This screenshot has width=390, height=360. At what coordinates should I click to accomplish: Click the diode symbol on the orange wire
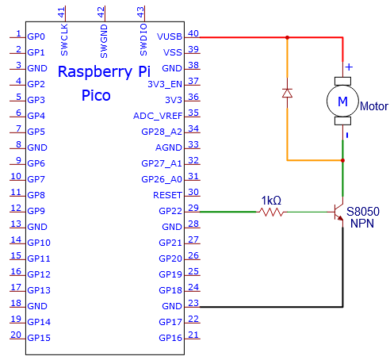[287, 93]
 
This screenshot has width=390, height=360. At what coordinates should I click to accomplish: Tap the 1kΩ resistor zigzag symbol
[271, 212]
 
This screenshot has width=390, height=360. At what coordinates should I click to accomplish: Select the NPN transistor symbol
[338, 213]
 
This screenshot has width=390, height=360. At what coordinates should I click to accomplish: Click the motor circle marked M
[342, 101]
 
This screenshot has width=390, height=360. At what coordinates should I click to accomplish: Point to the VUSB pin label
[170, 36]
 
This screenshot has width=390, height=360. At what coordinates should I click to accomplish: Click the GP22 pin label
[170, 211]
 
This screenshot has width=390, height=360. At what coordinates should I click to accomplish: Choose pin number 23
[193, 303]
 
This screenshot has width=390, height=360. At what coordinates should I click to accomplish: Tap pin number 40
[193, 33]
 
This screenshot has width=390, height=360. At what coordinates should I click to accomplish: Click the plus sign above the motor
[349, 67]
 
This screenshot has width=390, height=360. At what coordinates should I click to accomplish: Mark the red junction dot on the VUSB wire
[287, 37]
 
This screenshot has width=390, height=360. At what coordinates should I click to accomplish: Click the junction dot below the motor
[342, 160]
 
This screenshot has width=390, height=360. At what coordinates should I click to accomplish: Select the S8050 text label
[363, 212]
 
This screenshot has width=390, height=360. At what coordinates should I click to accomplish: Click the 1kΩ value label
[271, 201]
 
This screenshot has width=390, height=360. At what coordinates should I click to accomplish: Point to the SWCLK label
[64, 40]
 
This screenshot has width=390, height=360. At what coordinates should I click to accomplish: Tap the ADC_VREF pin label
[158, 116]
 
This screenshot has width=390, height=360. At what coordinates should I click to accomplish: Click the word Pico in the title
[96, 95]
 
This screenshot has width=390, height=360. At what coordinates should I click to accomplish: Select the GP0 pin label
[36, 36]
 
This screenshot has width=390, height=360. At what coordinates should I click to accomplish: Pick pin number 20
[16, 335]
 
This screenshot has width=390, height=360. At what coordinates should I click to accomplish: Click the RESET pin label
[167, 195]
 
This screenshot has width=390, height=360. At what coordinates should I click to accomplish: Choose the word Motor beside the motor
[374, 106]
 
